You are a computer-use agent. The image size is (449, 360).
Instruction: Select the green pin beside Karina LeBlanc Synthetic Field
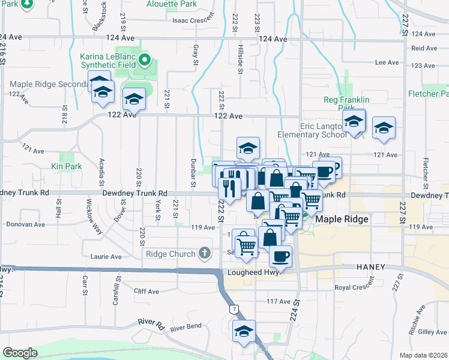pyautogui.click(x=145, y=59)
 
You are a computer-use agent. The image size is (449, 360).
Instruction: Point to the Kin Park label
pyautogui.click(x=66, y=166)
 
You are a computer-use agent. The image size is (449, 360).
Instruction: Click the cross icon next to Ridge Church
pyautogui.click(x=205, y=253)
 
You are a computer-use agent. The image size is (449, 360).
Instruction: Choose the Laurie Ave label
pyautogui.click(x=106, y=257)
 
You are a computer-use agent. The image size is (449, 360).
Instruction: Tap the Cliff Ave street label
pyautogui.click(x=146, y=292)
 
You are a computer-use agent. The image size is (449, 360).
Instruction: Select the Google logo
pyautogui.click(x=20, y=353)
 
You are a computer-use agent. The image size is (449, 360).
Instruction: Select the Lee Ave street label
pyautogui.click(x=387, y=62)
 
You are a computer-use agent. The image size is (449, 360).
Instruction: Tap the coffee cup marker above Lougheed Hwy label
pyautogui.click(x=280, y=257)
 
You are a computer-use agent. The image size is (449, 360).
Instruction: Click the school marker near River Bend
pyautogui.click(x=244, y=331)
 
